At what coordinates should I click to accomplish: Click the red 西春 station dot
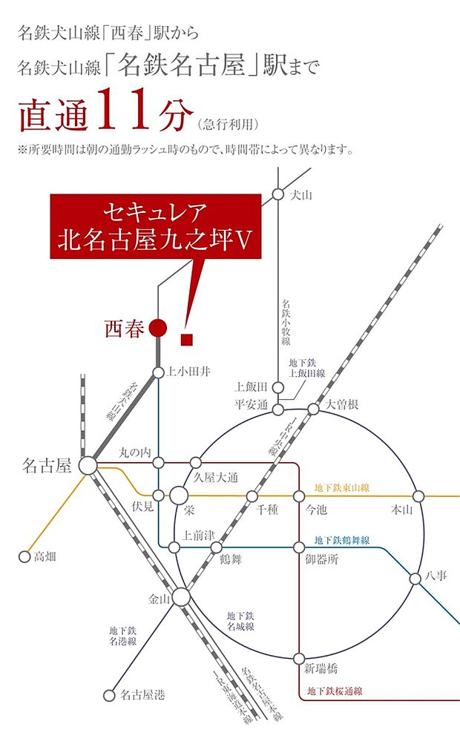coord(157,327)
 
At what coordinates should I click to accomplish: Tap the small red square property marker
coord(186,340)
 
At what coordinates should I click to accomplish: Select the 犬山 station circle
coord(277,194)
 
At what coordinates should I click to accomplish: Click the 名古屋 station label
coord(46,466)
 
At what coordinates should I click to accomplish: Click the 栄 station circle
coord(179,495)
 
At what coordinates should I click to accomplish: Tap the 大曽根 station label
coord(342,405)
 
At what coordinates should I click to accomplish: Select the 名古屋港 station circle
coord(110,696)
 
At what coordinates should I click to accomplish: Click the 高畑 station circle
coord(23,556)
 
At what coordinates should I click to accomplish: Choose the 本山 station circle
coord(418,496)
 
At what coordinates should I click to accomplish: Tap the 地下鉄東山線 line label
coord(342,487)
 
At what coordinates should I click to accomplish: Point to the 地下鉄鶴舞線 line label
coord(342,540)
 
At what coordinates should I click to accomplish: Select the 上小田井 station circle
coord(158,373)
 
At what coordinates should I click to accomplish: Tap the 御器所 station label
coord(322,560)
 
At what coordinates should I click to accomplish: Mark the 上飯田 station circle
coord(277,386)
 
